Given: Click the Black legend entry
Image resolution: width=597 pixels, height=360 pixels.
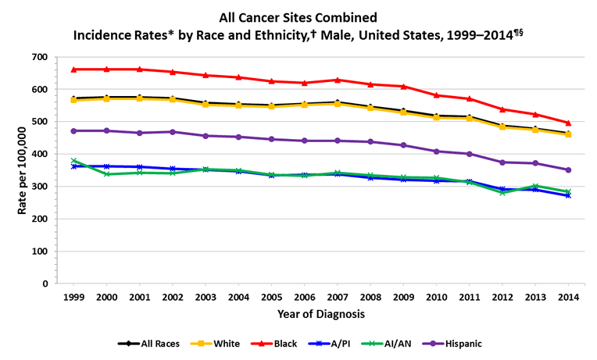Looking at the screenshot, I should pyautogui.click(x=276, y=343).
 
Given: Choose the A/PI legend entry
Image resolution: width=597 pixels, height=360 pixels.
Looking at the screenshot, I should pyautogui.click(x=335, y=343).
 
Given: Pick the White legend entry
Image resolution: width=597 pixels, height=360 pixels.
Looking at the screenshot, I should pyautogui.click(x=220, y=343).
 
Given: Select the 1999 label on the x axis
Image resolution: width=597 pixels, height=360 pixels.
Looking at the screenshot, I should pyautogui.click(x=73, y=298).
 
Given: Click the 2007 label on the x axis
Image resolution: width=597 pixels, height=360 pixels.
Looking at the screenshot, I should pyautogui.click(x=337, y=298).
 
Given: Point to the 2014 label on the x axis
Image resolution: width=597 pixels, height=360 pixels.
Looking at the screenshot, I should pyautogui.click(x=568, y=298).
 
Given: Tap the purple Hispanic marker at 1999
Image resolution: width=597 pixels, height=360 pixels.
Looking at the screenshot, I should pyautogui.click(x=73, y=130).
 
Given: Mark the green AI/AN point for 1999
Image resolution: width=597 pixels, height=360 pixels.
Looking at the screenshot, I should pyautogui.click(x=73, y=161).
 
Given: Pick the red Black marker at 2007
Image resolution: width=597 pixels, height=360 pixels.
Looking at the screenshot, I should pyautogui.click(x=337, y=80).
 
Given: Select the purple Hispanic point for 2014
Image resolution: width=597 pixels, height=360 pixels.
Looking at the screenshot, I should pyautogui.click(x=568, y=169).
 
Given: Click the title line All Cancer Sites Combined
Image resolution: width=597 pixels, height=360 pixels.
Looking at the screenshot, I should pyautogui.click(x=298, y=16).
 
